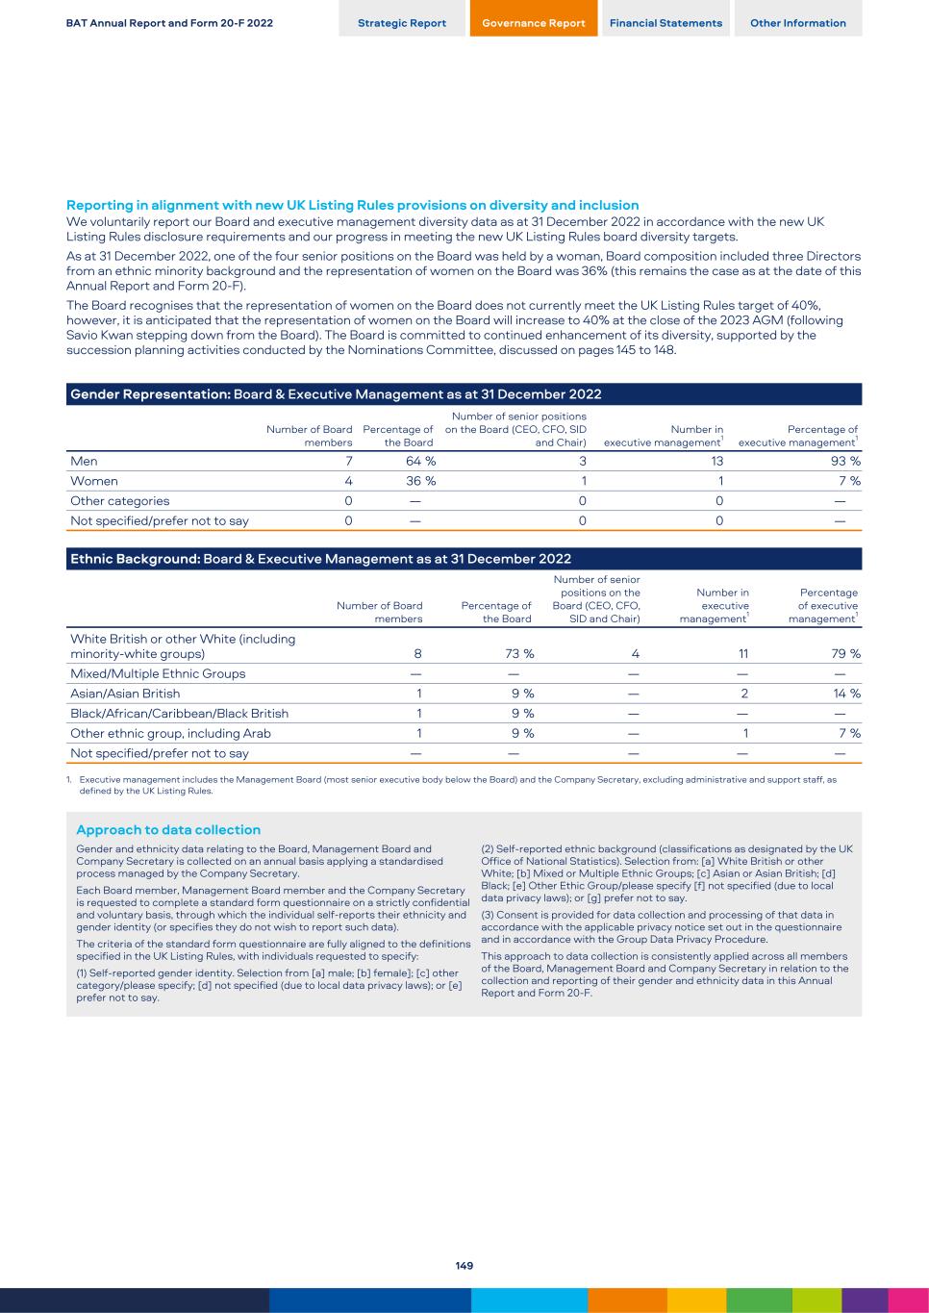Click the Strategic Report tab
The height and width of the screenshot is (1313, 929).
click(x=402, y=23)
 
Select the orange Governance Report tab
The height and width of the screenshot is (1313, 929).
click(x=534, y=23)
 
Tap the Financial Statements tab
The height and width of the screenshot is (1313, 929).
click(x=665, y=23)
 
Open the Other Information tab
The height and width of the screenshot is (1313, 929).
click(x=798, y=23)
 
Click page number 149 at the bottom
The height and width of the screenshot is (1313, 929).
click(x=464, y=1266)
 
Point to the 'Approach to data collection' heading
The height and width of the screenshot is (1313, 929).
click(x=168, y=830)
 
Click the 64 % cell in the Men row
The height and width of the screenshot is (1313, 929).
click(x=420, y=461)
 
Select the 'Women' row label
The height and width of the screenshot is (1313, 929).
click(x=94, y=481)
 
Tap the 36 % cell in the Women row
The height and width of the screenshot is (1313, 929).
click(x=420, y=481)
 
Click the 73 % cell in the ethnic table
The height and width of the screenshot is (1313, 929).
click(x=519, y=654)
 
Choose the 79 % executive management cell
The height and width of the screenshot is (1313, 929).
click(x=845, y=654)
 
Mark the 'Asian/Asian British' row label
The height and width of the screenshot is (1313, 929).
click(x=125, y=694)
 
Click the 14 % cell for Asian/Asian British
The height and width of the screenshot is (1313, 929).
click(x=845, y=694)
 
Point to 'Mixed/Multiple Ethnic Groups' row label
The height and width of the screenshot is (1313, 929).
click(x=158, y=673)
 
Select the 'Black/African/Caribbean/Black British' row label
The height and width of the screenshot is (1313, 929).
click(x=179, y=714)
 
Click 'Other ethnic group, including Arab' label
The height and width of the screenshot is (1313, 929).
click(x=170, y=733)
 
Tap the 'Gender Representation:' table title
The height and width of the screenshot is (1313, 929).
click(x=150, y=394)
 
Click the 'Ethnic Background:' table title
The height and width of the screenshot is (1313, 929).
click(x=135, y=559)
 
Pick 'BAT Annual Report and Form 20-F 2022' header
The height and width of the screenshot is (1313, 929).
click(x=169, y=23)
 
